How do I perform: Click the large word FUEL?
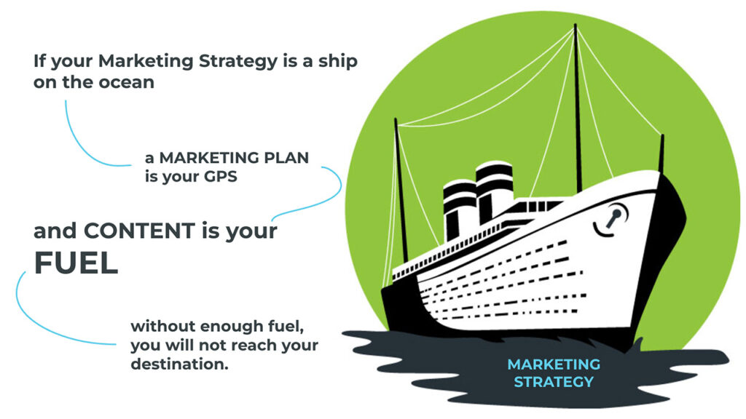[76, 263]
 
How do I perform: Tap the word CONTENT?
[139, 231]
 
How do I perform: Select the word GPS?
[220, 177]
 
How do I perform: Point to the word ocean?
[127, 82]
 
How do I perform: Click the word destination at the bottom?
[179, 364]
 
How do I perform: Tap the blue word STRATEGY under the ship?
[554, 381]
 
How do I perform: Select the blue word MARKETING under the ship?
[554, 364]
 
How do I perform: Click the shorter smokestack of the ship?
[459, 208]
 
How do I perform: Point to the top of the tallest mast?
[576, 25]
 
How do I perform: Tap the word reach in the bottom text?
[251, 346]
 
